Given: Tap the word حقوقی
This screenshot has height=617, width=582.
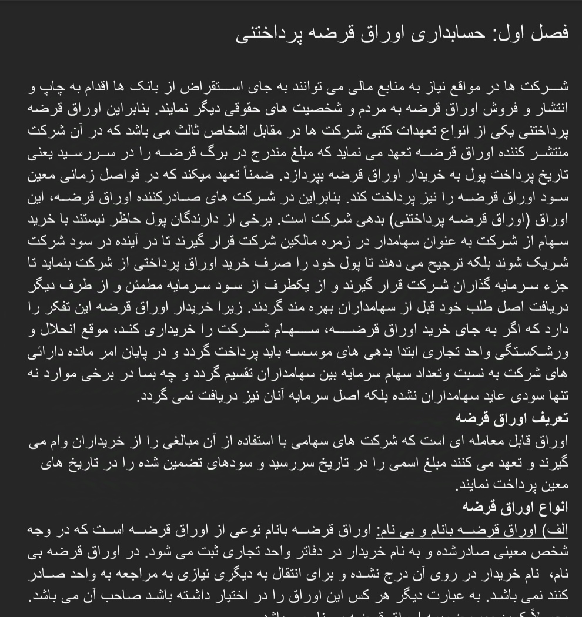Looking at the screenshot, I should [x=223, y=109].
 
